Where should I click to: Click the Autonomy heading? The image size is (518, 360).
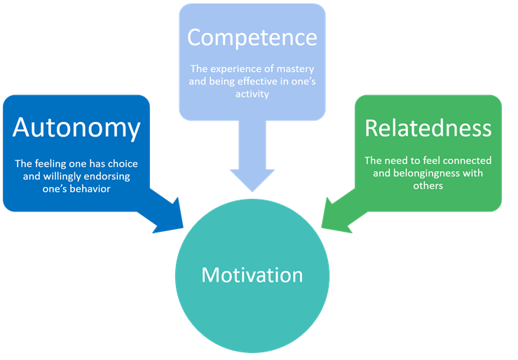click(76, 129)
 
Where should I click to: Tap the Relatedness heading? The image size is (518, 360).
click(428, 129)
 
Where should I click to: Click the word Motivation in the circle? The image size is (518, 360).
click(252, 275)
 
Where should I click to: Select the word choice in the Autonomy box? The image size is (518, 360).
click(121, 164)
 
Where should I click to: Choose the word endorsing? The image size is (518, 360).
click(114, 176)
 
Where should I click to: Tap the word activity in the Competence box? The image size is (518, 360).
click(252, 94)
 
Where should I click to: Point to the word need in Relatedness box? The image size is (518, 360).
click(397, 160)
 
